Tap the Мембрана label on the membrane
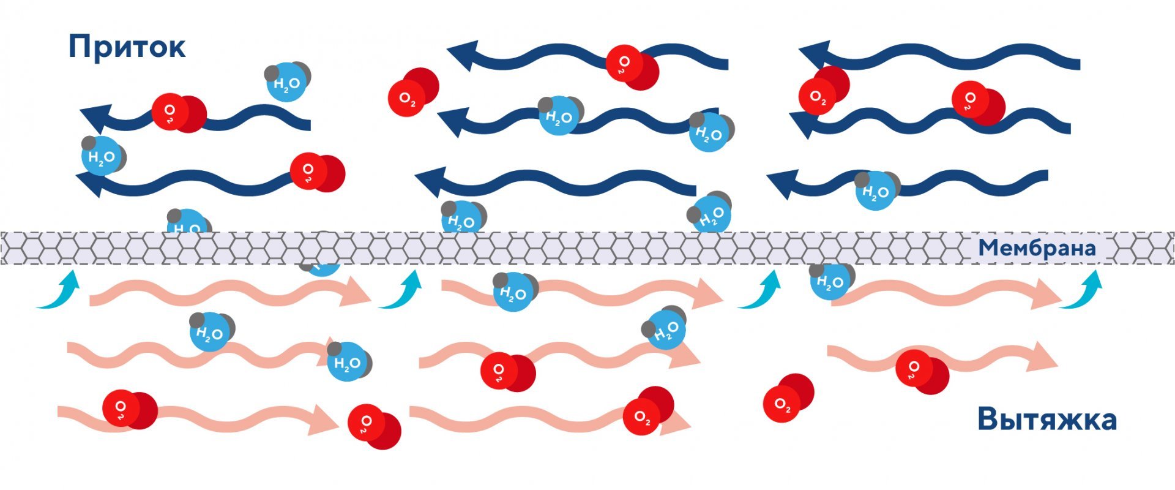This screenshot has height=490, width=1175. [x=1037, y=248]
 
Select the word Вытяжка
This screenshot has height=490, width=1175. [x=1047, y=420]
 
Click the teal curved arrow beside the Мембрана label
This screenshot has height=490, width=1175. [x=1081, y=288]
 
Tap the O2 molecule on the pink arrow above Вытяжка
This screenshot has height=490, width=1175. [x=922, y=371]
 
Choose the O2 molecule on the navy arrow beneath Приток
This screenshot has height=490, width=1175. [x=179, y=113]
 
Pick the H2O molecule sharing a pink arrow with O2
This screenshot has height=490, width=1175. [x=663, y=328]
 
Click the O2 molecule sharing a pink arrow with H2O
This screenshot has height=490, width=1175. [x=507, y=372]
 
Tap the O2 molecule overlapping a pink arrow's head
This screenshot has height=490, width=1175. [x=648, y=411]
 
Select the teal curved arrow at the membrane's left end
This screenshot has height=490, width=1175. [x=58, y=288]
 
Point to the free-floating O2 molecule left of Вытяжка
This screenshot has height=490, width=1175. [x=788, y=398]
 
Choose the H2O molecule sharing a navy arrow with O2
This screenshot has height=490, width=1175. [x=103, y=156]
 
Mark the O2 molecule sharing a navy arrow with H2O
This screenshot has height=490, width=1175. [x=317, y=172]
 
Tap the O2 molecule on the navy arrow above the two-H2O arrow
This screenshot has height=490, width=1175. [x=632, y=67]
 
